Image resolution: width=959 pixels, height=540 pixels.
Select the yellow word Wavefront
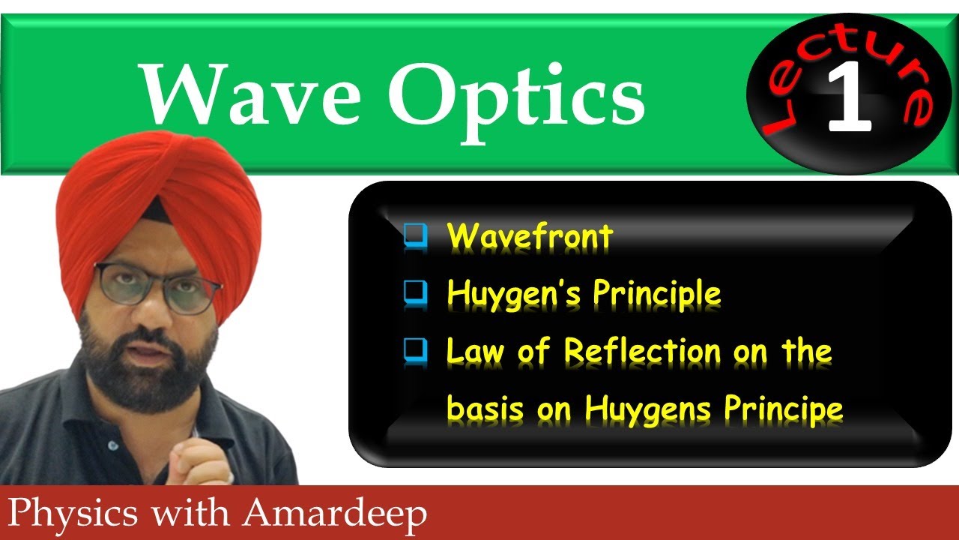(530, 238)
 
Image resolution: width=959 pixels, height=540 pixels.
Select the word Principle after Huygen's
(656, 294)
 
